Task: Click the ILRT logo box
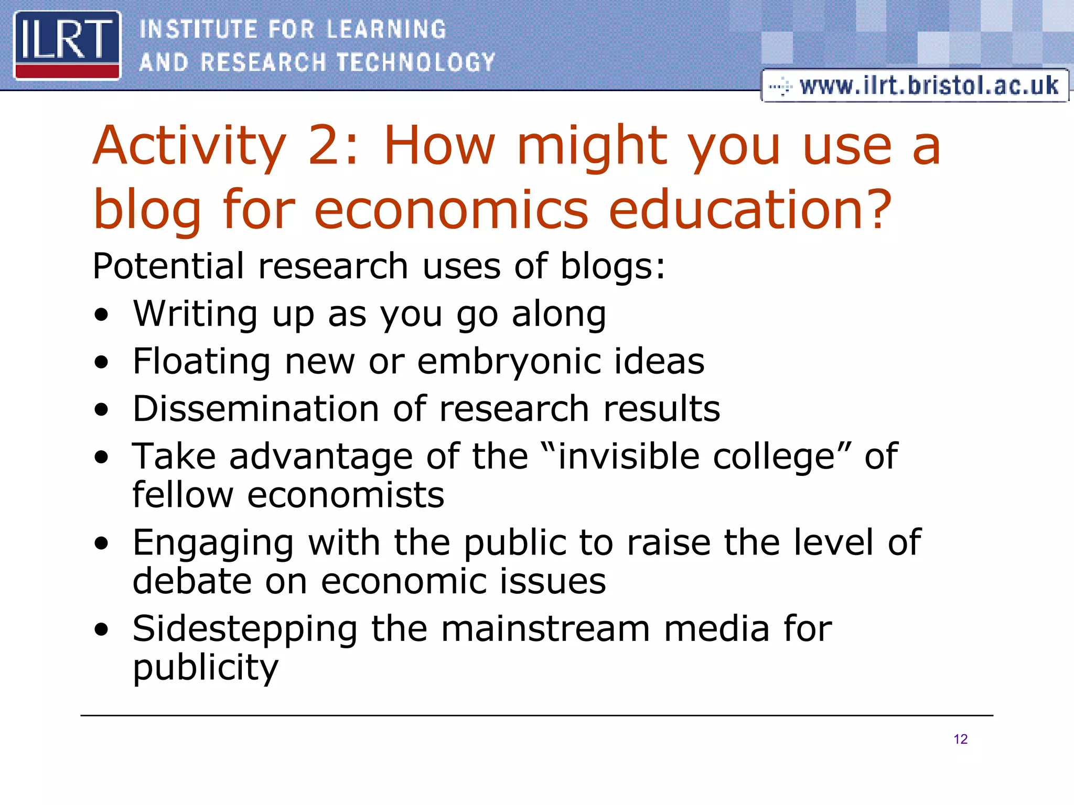pos(67,45)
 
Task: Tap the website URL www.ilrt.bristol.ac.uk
pos(928,85)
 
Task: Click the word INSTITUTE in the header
pos(198,29)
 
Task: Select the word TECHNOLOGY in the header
pos(415,62)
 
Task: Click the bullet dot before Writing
pos(102,315)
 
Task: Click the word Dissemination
pos(256,409)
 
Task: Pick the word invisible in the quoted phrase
pos(628,456)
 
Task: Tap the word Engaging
pos(213,543)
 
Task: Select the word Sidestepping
pos(244,629)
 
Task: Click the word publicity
pos(205,668)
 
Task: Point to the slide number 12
pos(960,739)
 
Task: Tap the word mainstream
pos(545,628)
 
